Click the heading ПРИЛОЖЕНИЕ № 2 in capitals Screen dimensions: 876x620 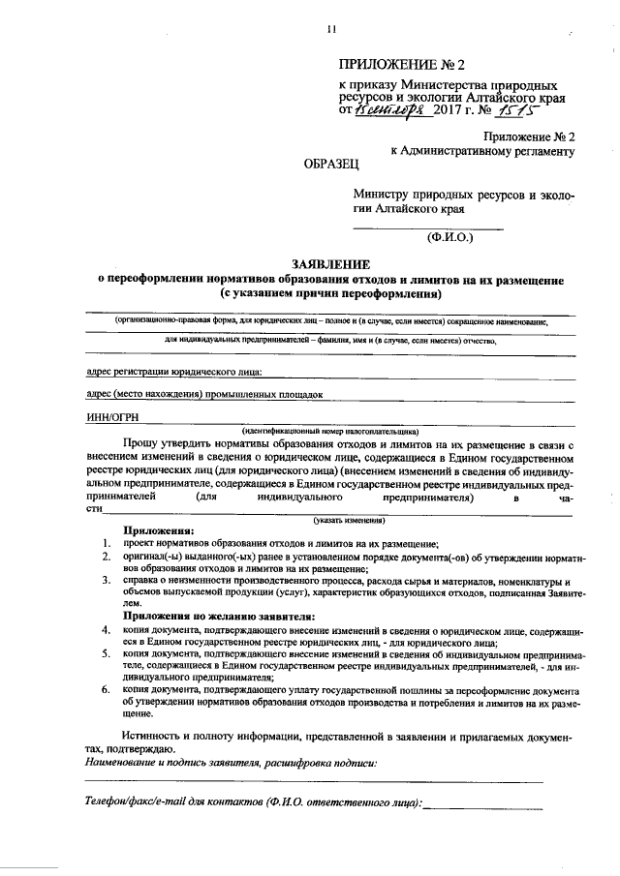(x=402, y=65)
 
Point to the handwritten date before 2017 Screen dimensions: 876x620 (x=385, y=109)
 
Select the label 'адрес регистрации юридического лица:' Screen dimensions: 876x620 (x=173, y=371)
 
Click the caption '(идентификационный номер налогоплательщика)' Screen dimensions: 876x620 (x=330, y=431)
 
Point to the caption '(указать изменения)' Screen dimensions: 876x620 (x=330, y=520)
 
